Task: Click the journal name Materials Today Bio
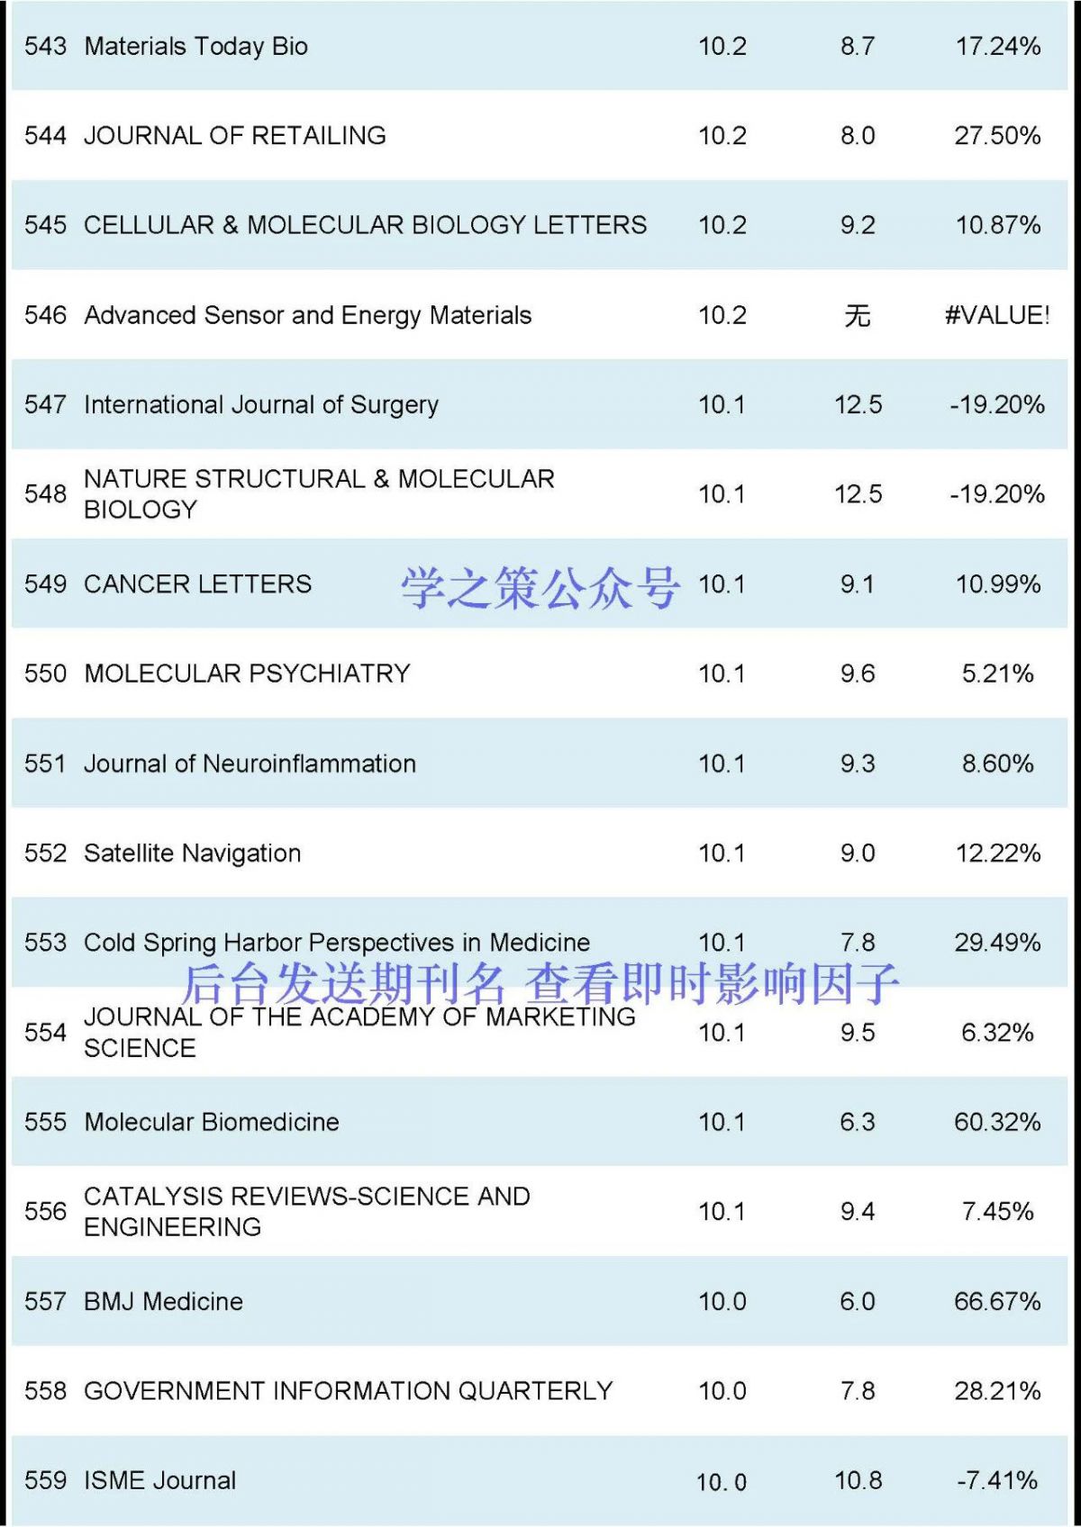tap(195, 46)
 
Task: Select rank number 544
tap(45, 136)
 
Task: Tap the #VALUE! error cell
tap(997, 315)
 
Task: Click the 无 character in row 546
tap(857, 315)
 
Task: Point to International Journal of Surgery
tap(260, 405)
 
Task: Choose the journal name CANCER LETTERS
tap(197, 584)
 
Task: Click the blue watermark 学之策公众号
tap(540, 588)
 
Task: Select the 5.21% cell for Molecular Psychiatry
tap(997, 673)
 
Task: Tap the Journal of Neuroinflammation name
tap(250, 763)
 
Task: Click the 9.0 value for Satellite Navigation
tap(857, 853)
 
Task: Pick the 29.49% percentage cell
tap(997, 943)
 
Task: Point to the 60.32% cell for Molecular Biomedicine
tap(997, 1122)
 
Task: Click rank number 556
tap(45, 1211)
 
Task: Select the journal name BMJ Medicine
tap(163, 1301)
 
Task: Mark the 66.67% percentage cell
tap(997, 1301)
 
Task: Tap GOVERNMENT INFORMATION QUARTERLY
tap(348, 1391)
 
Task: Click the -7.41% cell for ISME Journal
tap(997, 1480)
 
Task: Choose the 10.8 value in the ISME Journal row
tap(858, 1480)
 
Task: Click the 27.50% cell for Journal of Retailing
tap(997, 136)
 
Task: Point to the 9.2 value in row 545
tap(857, 225)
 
